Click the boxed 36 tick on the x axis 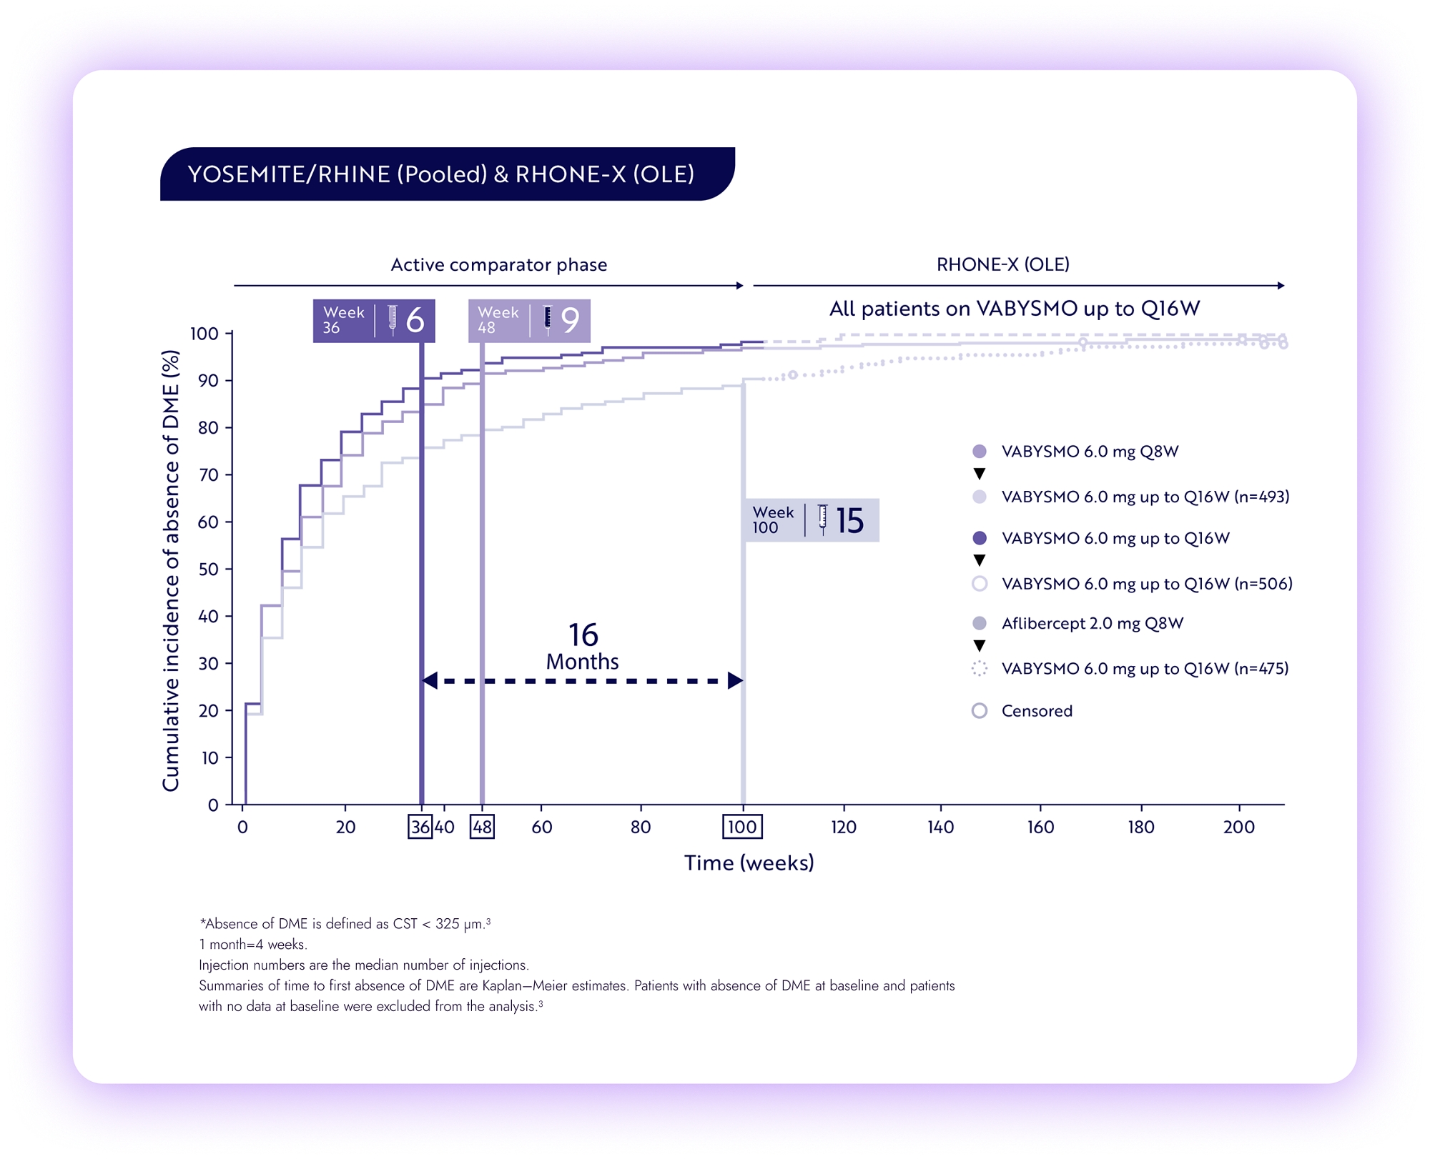pyautogui.click(x=420, y=827)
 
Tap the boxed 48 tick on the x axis pyautogui.click(x=482, y=827)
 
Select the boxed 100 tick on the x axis pyautogui.click(x=741, y=827)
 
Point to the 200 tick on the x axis pyautogui.click(x=1238, y=827)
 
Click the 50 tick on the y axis pyautogui.click(x=208, y=569)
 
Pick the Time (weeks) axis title pyautogui.click(x=749, y=862)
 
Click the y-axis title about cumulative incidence pyautogui.click(x=170, y=570)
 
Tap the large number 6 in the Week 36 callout pyautogui.click(x=415, y=320)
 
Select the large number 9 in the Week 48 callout pyautogui.click(x=570, y=320)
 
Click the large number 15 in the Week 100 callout pyautogui.click(x=849, y=520)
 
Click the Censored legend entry pyautogui.click(x=1036, y=711)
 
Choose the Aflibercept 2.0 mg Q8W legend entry pyautogui.click(x=1092, y=623)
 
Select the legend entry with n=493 pyautogui.click(x=1145, y=497)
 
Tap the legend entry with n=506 pyautogui.click(x=1146, y=584)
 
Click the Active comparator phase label pyautogui.click(x=498, y=265)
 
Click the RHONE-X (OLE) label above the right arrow pyautogui.click(x=1002, y=264)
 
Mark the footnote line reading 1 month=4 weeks pyautogui.click(x=253, y=944)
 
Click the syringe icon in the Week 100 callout pyautogui.click(x=822, y=519)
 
